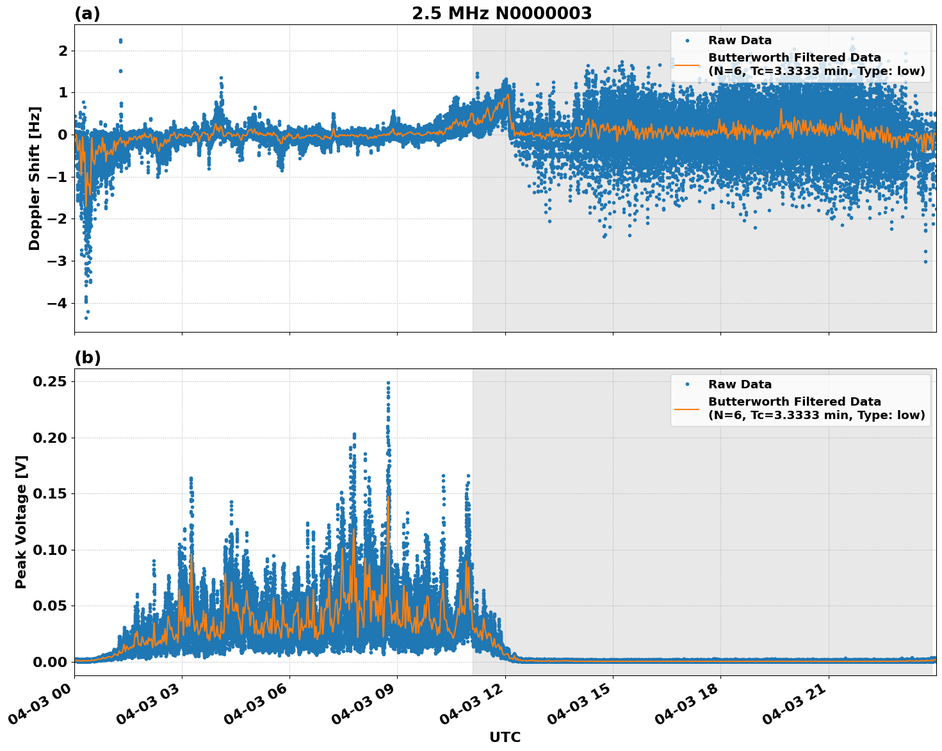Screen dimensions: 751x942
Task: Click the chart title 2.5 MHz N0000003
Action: (501, 13)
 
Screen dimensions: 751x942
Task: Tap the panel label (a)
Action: (87, 13)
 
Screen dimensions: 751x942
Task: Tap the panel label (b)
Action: (87, 358)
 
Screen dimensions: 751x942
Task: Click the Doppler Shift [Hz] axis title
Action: (35, 178)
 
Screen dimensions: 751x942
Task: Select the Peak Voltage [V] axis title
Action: (21, 522)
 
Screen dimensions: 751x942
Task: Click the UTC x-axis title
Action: (505, 737)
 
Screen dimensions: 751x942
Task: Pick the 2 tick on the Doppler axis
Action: (63, 51)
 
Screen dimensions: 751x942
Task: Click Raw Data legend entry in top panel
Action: (740, 40)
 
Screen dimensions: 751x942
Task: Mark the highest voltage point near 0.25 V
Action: (388, 383)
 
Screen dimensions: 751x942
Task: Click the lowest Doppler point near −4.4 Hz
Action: (86, 318)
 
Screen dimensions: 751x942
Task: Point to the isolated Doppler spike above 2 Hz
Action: (120, 40)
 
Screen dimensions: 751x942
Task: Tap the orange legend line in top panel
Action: (686, 64)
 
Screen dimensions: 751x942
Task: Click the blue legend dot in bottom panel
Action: (686, 384)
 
